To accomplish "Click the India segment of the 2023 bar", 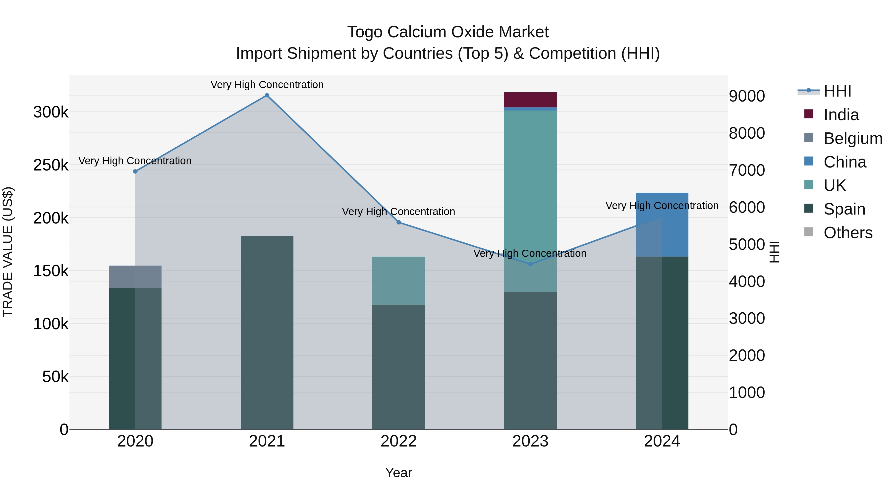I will click(530, 100).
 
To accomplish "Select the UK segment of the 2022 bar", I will click(399, 280).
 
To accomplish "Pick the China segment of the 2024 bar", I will click(662, 224).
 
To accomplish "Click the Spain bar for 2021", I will click(267, 332).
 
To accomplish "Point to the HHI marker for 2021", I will click(267, 95).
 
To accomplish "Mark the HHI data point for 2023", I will click(530, 264).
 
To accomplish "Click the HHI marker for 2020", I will click(135, 171).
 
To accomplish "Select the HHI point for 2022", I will click(399, 222).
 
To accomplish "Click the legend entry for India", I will click(841, 115).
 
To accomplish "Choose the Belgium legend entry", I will click(852, 138).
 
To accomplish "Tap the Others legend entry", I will click(848, 233).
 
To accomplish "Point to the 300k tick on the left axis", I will click(51, 112).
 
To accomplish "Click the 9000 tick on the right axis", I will click(747, 96).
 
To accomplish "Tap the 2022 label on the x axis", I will click(399, 441).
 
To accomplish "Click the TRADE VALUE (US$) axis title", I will click(8, 252).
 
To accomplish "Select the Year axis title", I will click(399, 473).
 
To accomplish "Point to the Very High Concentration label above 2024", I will click(662, 206).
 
